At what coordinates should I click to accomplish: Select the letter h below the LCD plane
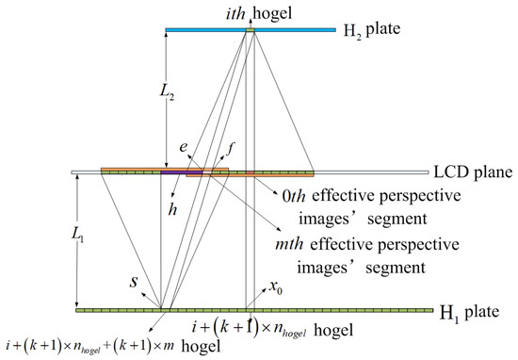pos(172,210)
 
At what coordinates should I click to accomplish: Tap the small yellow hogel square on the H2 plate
pos(250,30)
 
